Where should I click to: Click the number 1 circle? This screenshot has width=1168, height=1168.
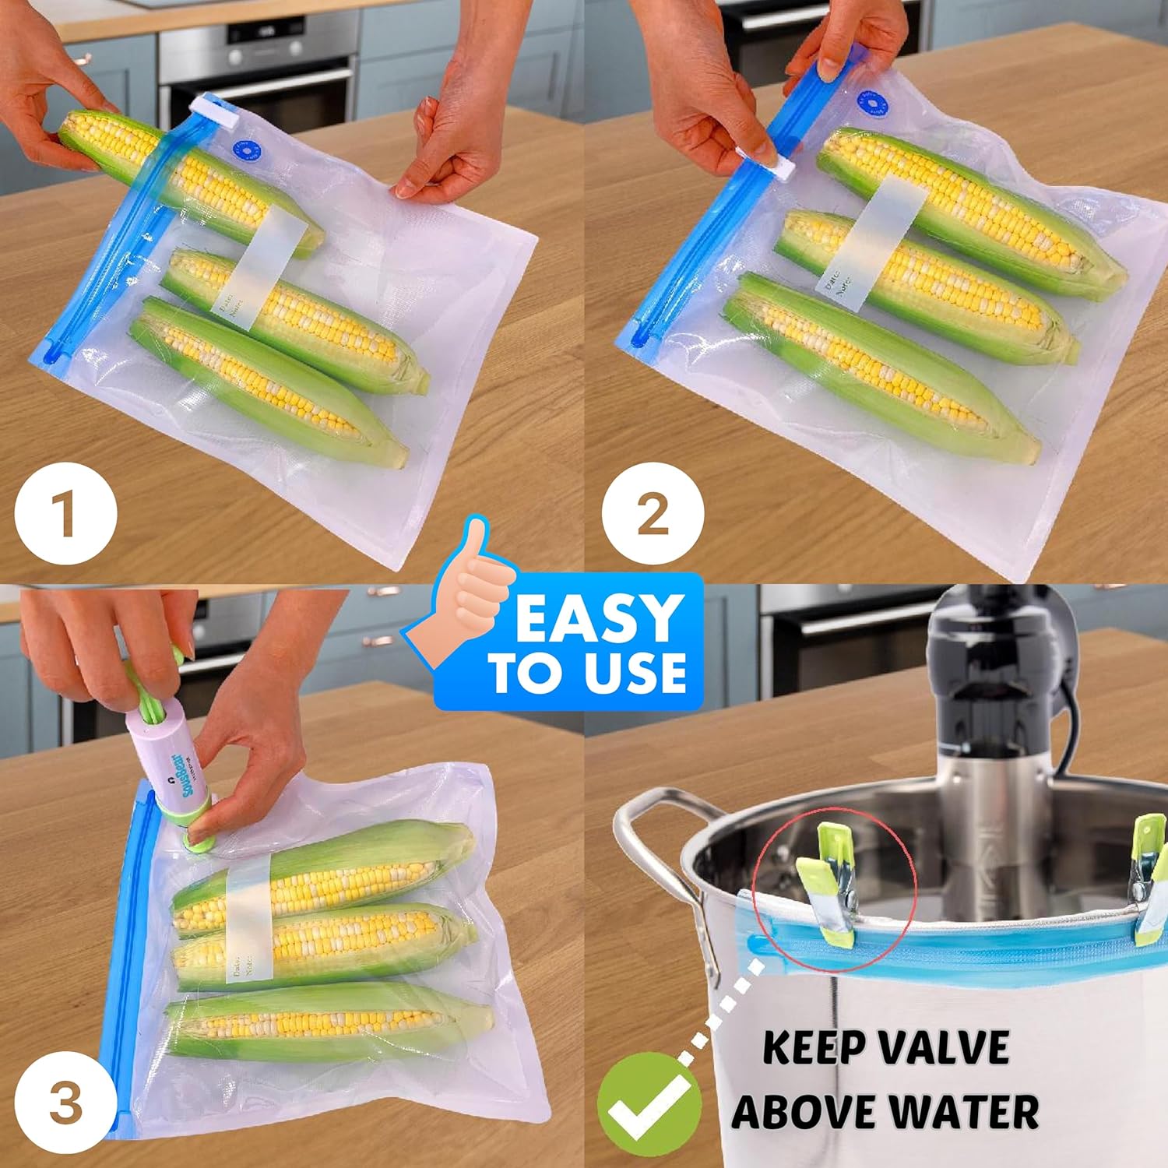pyautogui.click(x=66, y=514)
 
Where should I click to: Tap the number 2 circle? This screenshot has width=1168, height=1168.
pyautogui.click(x=653, y=514)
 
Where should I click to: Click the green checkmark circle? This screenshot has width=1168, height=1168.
pyautogui.click(x=649, y=1104)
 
